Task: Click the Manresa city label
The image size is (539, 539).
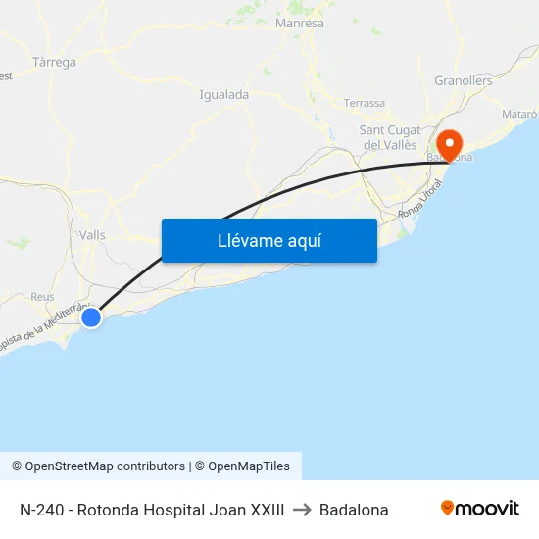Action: tap(300, 23)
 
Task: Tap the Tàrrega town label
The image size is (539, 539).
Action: tap(54, 62)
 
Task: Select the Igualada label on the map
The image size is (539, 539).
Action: tap(223, 95)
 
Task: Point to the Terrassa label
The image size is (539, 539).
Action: tap(364, 103)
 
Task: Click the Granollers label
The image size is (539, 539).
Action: tap(464, 80)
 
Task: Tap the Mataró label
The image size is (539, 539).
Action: tap(519, 115)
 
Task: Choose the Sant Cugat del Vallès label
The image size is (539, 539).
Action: tap(390, 137)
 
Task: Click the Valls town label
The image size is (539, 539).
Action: tap(92, 235)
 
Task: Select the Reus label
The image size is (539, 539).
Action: tap(42, 296)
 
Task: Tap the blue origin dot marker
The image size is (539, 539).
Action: tap(91, 318)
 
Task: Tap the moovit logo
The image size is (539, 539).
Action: tap(479, 508)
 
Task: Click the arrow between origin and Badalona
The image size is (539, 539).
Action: tap(302, 510)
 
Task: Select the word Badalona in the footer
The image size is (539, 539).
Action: tap(354, 510)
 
